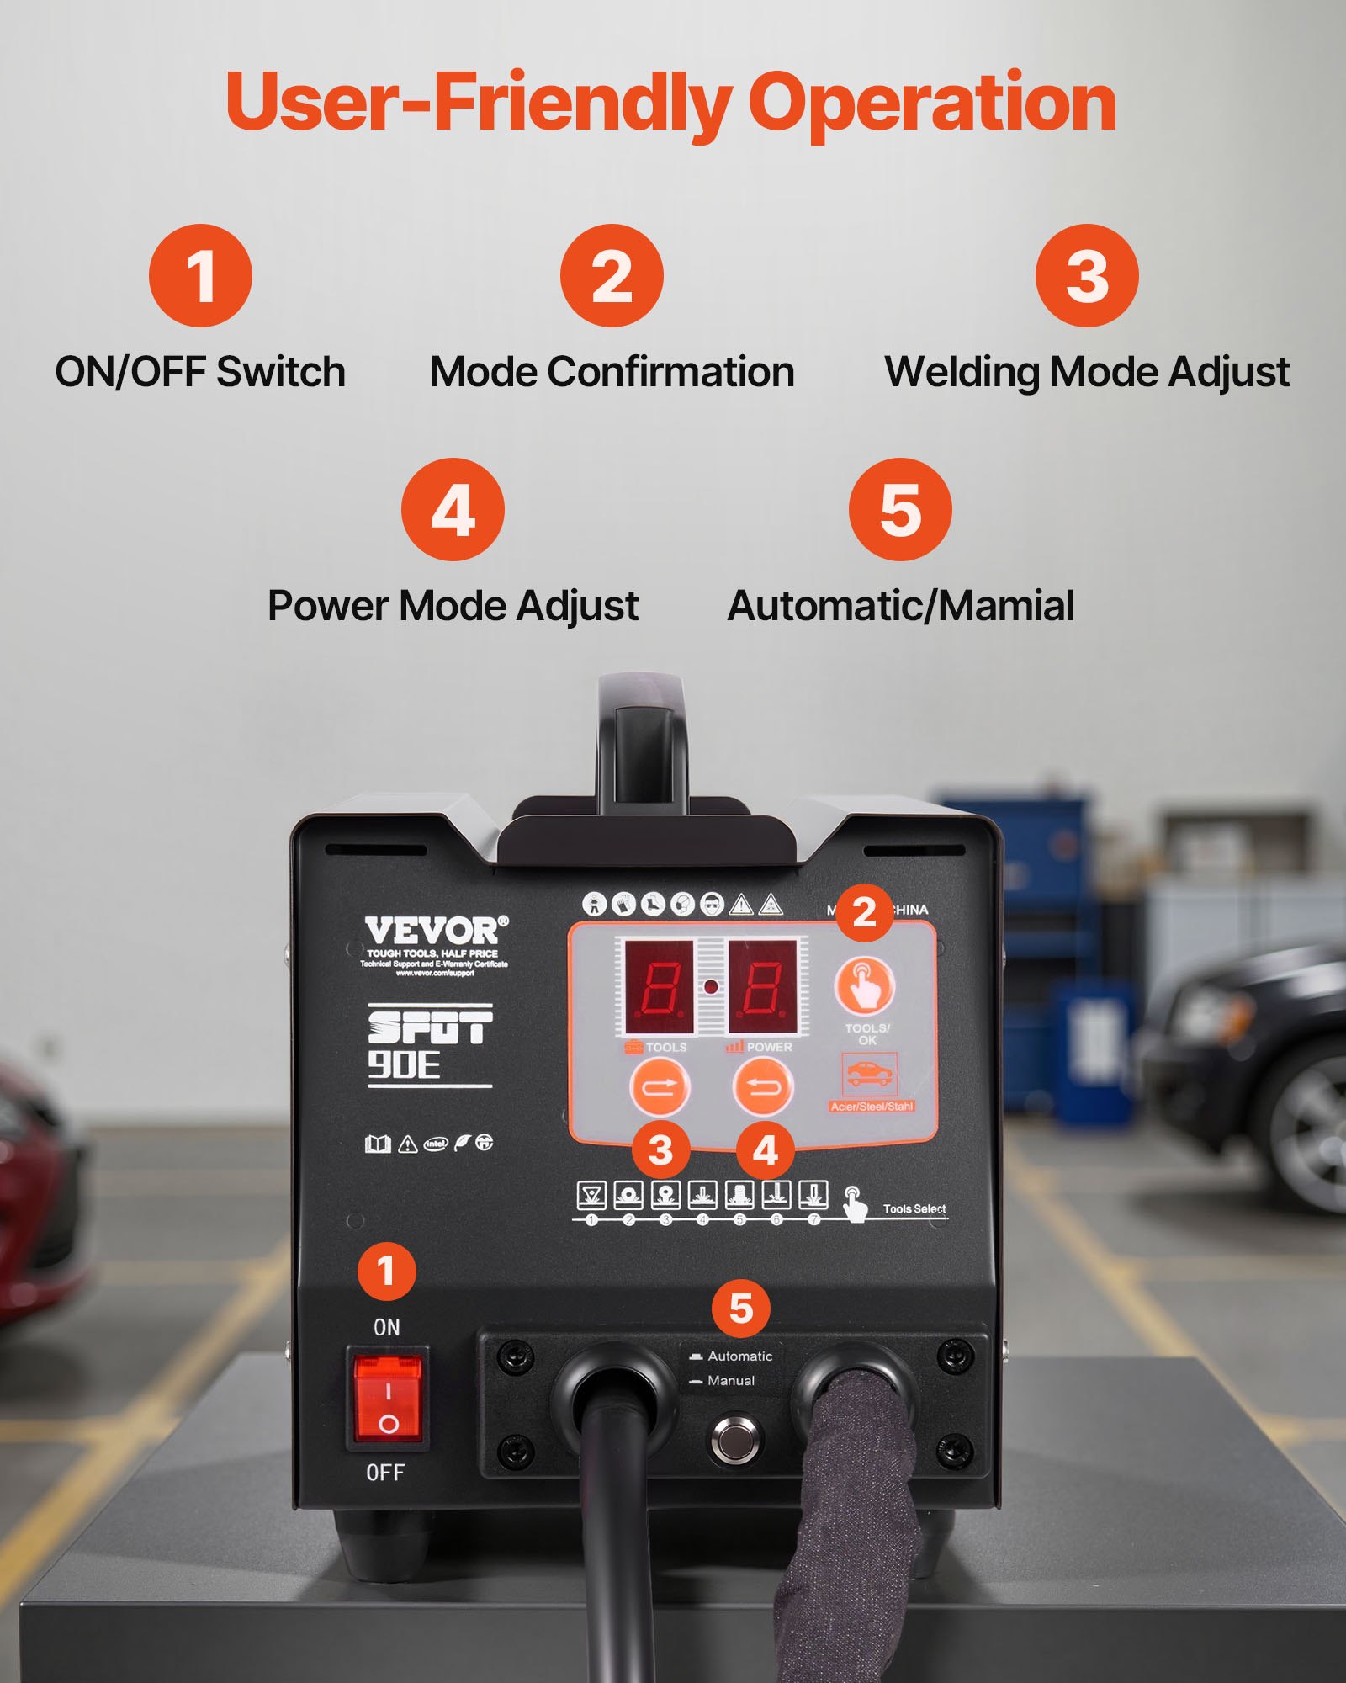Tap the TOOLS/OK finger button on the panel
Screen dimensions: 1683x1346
(x=864, y=985)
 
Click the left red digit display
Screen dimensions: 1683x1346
(x=659, y=986)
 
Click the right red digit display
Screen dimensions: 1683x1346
(x=762, y=986)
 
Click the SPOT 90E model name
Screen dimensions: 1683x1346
(x=430, y=1044)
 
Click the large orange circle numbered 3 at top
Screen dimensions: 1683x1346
(x=1086, y=275)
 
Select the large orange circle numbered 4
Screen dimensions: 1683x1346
(x=453, y=509)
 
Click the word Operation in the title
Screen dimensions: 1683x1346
(x=931, y=103)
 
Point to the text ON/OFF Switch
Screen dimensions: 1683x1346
(x=200, y=372)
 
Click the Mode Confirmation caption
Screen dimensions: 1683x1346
(x=612, y=372)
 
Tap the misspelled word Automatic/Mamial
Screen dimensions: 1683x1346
(x=900, y=606)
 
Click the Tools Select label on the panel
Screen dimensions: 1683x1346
(x=914, y=1209)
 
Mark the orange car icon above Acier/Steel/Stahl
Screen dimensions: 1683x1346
(x=869, y=1074)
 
